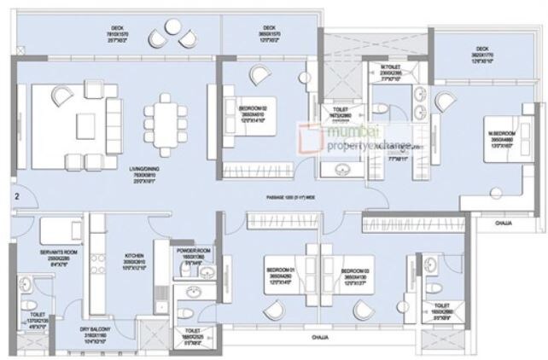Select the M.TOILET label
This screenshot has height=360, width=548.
point(391,67)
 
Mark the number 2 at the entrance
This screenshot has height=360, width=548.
point(16,197)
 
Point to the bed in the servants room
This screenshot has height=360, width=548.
point(58,230)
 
